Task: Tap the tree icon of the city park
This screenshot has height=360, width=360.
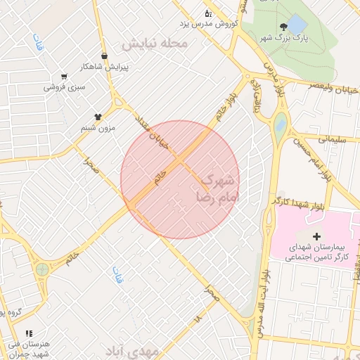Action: coord(283,26)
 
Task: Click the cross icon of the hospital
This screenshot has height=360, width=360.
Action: coord(316,236)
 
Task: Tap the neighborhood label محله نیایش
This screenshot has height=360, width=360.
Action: coord(155,44)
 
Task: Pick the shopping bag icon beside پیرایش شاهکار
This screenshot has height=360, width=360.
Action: coord(104,55)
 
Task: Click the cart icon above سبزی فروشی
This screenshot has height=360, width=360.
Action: coord(64,77)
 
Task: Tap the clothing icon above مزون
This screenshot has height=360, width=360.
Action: coord(98,117)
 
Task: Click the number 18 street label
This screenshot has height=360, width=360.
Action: coord(198,319)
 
